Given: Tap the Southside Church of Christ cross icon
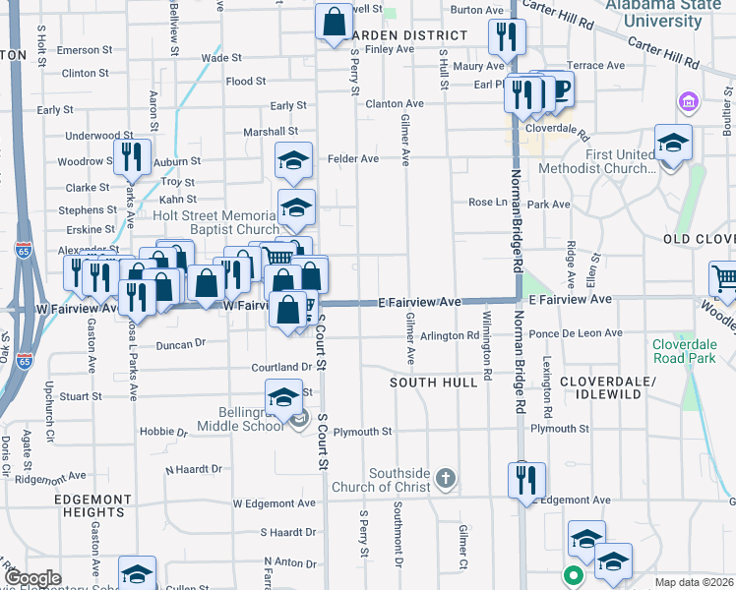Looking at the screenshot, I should click(445, 479).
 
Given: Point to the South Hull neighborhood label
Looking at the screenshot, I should click(432, 381).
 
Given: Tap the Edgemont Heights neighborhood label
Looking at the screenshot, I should click(91, 505).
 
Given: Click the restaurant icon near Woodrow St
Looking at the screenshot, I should click(130, 156).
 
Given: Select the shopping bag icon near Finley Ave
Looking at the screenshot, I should click(334, 20).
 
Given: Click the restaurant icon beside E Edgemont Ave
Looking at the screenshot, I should click(524, 479).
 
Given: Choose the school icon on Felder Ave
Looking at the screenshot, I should click(293, 159).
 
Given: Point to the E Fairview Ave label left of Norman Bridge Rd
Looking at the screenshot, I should click(421, 301).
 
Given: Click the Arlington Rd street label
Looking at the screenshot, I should click(450, 335).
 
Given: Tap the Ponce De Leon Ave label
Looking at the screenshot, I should click(577, 333).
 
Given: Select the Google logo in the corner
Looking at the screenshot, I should click(33, 578).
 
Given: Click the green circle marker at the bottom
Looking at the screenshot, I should click(571, 575).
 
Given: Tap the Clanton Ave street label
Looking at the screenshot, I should click(394, 102).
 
